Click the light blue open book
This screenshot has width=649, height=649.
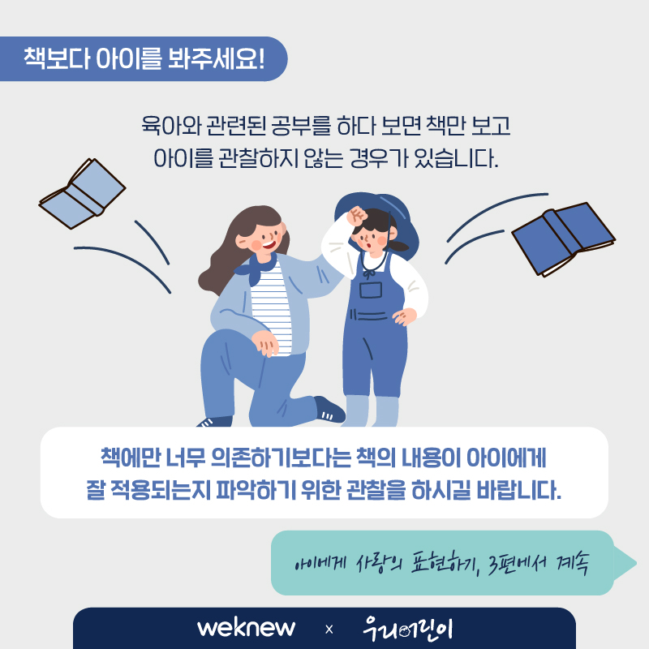pyautogui.click(x=82, y=194)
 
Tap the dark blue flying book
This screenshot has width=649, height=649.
pyautogui.click(x=564, y=239)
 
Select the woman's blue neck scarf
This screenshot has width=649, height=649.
pyautogui.click(x=256, y=269)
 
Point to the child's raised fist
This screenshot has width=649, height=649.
pyautogui.click(x=357, y=216)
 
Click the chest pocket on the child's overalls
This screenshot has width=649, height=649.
pyautogui.click(x=371, y=290)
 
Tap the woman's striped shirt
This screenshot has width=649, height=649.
pyautogui.click(x=270, y=308)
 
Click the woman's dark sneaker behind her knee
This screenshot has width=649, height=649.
pyautogui.click(x=329, y=409)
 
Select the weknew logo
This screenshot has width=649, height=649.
pyautogui.click(x=247, y=628)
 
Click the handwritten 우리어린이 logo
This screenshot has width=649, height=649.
pyautogui.click(x=408, y=629)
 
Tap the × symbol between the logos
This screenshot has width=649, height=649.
pyautogui.click(x=329, y=630)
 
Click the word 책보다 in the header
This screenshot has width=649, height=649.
pyautogui.click(x=57, y=58)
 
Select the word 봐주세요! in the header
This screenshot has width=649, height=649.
pyautogui.click(x=216, y=58)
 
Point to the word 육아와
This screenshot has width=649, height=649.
pyautogui.click(x=171, y=126)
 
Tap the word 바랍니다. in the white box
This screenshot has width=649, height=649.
pyautogui.click(x=518, y=490)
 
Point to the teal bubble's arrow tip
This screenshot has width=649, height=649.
pyautogui.click(x=636, y=563)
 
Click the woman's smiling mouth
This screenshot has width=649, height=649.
pyautogui.click(x=269, y=245)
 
